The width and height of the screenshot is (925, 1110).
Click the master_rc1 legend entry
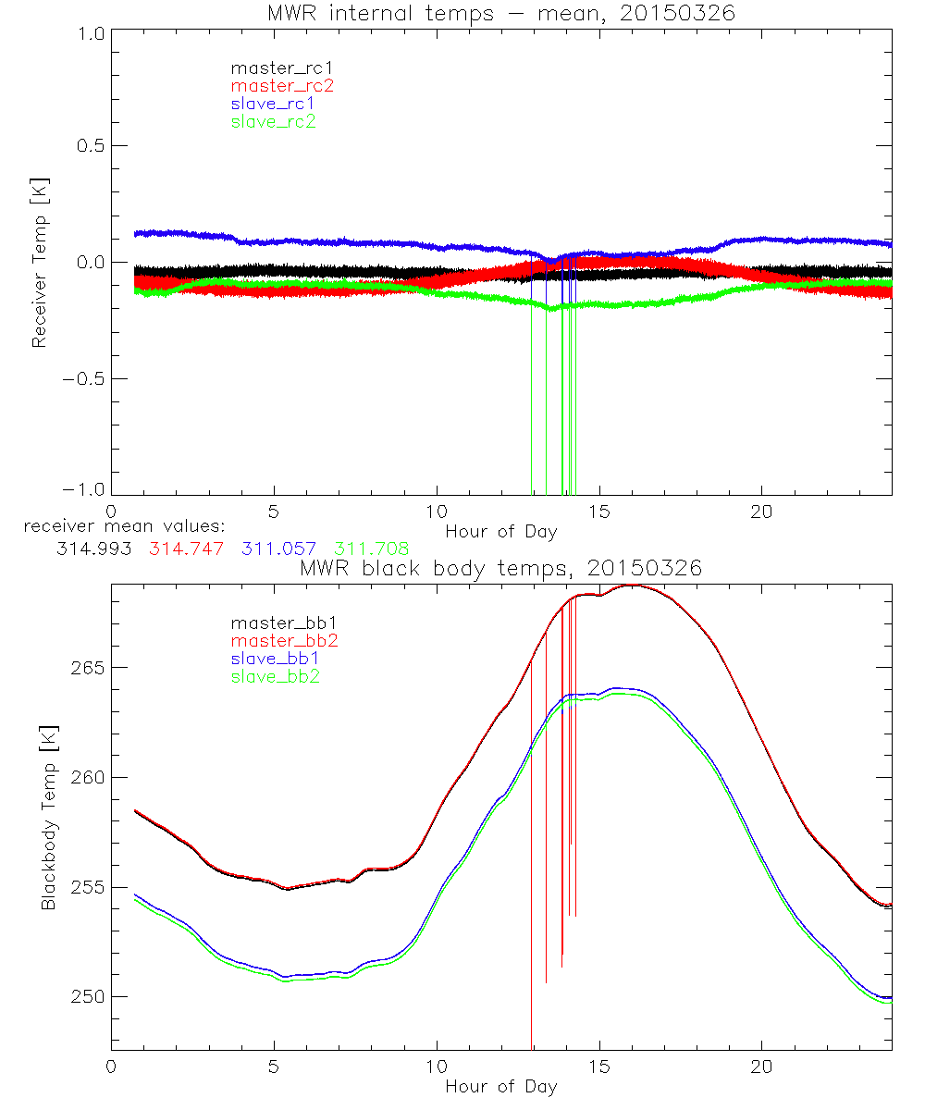tap(273, 68)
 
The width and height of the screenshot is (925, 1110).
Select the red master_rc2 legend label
tap(282, 85)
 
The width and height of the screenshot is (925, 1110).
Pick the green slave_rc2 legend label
tap(274, 121)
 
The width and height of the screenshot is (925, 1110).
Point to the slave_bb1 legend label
tap(277, 660)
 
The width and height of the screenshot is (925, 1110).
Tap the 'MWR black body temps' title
tap(501, 568)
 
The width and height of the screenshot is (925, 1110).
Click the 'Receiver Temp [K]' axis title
tap(39, 262)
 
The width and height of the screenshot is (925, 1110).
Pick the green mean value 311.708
tap(372, 549)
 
